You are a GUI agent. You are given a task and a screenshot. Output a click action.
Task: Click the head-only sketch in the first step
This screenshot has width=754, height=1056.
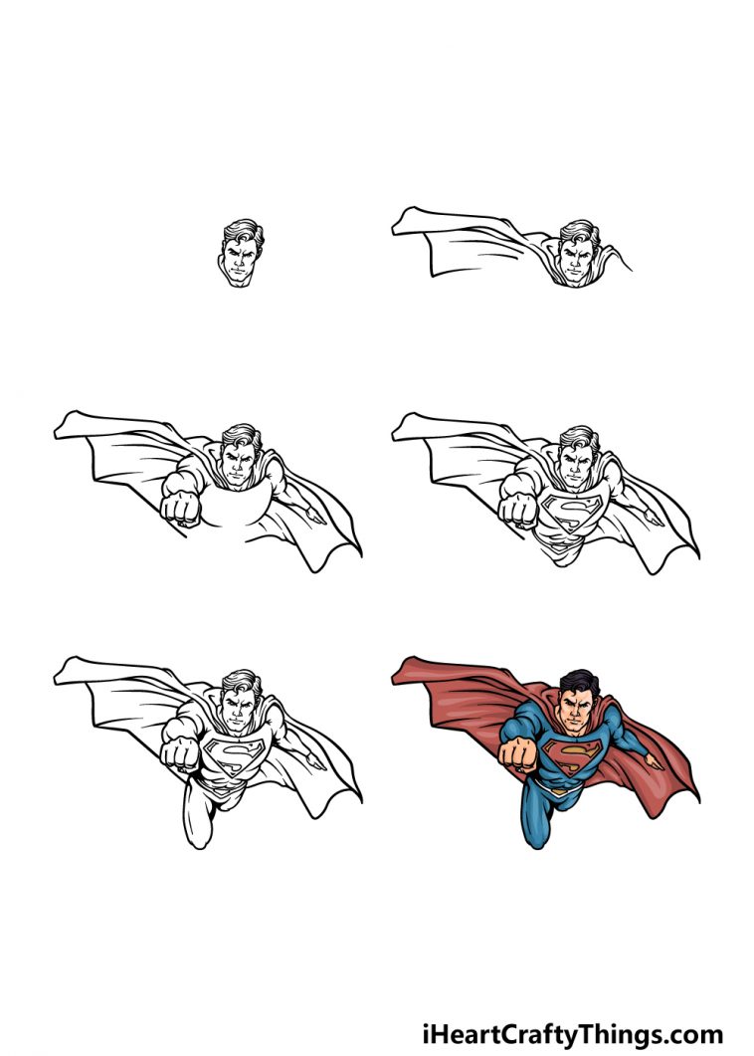click(240, 254)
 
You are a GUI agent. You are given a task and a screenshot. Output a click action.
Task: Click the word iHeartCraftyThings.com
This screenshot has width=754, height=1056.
click(572, 1033)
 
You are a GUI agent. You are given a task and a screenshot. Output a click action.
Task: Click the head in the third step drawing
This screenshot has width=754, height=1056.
click(238, 458)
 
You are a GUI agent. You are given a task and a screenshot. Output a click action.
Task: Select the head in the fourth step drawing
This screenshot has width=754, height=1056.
click(576, 458)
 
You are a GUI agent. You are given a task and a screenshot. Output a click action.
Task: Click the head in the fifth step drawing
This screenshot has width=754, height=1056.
click(238, 702)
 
